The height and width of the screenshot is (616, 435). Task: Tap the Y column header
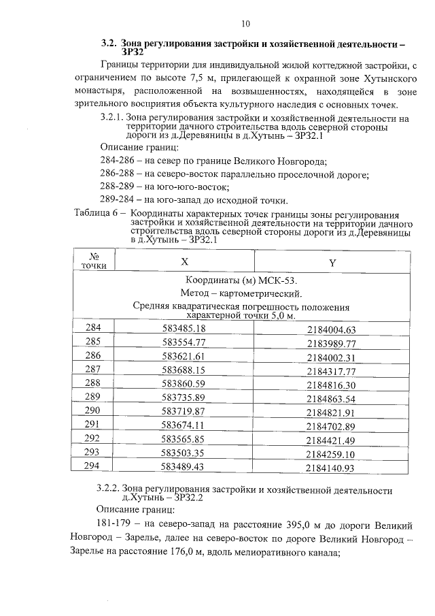(332, 263)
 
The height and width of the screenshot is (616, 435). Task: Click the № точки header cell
(93, 261)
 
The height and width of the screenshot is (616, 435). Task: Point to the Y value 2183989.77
(331, 343)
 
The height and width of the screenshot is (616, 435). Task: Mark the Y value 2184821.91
(331, 412)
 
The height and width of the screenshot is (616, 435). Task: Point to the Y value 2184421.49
(331, 440)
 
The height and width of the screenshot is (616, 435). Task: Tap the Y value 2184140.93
(331, 468)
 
